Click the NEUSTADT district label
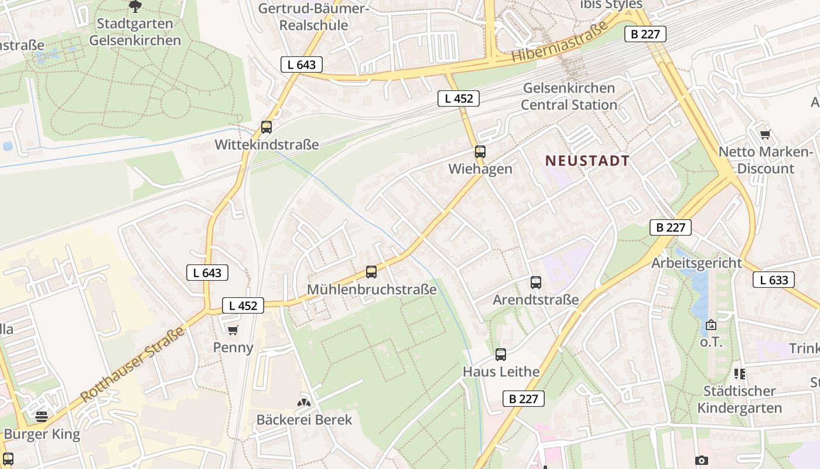[x=587, y=161]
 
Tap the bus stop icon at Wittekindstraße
[x=266, y=127]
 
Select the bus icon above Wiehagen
[x=480, y=152]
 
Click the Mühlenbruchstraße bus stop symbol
[x=371, y=272]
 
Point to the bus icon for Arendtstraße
[x=536, y=283]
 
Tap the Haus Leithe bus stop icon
[x=501, y=355]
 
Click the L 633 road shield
[x=774, y=280]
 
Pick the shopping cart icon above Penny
[x=233, y=331]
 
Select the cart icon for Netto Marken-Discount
[x=765, y=135]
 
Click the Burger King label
[x=42, y=434]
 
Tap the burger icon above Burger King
[x=42, y=417]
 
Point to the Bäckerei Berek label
[x=305, y=420]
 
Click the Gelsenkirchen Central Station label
[x=569, y=97]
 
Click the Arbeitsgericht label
[x=696, y=263]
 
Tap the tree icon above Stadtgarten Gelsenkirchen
[x=135, y=6]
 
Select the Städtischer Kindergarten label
[x=740, y=399]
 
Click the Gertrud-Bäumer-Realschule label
[x=313, y=16]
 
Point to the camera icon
[x=702, y=461]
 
